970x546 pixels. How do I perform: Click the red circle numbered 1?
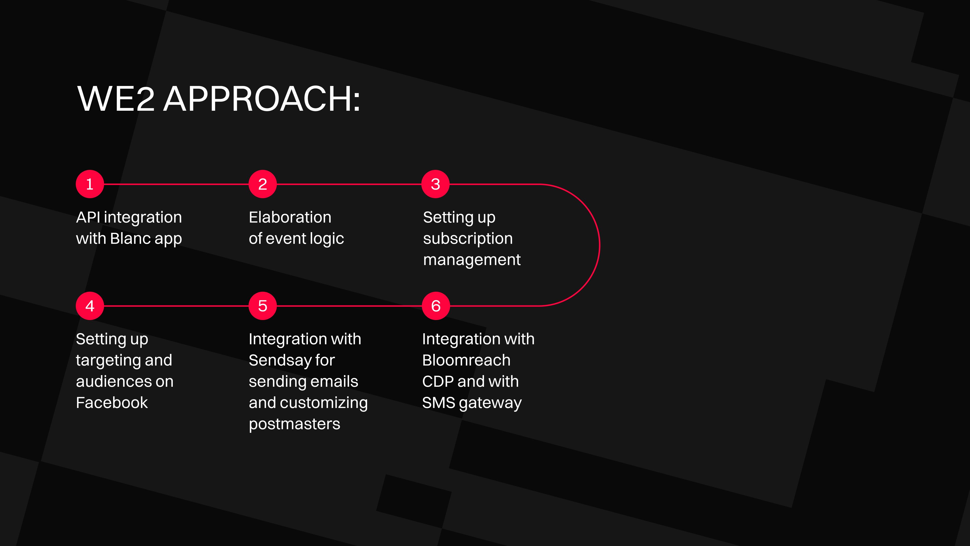[x=90, y=184]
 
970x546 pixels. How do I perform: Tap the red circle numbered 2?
[x=262, y=184]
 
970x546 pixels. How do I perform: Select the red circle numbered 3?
[x=435, y=184]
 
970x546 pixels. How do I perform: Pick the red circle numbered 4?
[x=90, y=306]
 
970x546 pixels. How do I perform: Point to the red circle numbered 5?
[x=262, y=306]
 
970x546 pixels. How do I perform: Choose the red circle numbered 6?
[x=436, y=306]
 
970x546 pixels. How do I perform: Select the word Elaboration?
[x=290, y=217]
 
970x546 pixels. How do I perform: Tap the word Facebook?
[x=112, y=402]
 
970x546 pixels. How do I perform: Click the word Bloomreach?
[x=466, y=360]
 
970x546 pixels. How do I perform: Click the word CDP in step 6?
[x=438, y=381]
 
